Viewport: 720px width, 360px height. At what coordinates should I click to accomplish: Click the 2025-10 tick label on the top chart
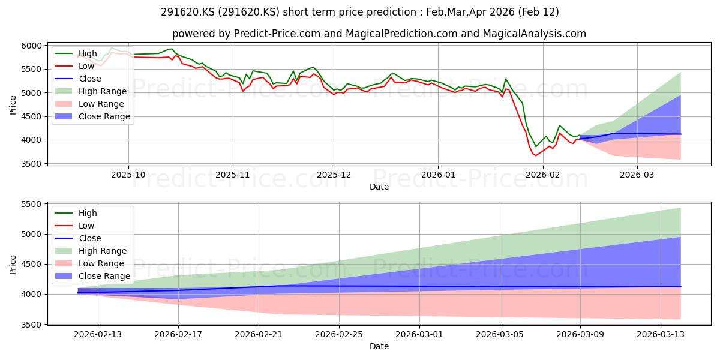(x=128, y=175)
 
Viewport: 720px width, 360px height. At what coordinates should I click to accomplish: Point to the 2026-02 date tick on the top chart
(x=543, y=175)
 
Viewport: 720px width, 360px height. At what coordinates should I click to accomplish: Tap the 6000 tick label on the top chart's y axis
(x=31, y=46)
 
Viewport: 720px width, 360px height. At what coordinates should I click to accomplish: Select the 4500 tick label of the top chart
(x=31, y=116)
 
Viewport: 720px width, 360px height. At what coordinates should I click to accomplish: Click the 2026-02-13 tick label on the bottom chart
(x=98, y=335)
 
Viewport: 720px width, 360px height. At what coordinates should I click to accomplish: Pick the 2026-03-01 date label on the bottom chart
(x=419, y=335)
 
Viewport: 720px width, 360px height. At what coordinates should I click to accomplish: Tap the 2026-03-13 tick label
(x=661, y=335)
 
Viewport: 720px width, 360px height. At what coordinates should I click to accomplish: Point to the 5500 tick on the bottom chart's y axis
(x=31, y=205)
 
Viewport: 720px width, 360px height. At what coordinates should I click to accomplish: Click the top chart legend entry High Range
(x=103, y=91)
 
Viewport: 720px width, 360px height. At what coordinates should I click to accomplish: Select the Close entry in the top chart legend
(x=89, y=79)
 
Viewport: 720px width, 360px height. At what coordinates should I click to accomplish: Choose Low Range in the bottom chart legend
(x=101, y=263)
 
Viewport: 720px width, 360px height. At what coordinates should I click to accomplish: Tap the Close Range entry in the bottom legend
(x=104, y=276)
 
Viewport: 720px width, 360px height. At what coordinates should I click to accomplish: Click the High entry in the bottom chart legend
(x=88, y=213)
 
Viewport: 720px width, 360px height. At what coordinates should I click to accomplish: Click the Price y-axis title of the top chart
(x=13, y=105)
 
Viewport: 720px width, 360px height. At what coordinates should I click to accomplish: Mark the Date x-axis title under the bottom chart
(x=379, y=347)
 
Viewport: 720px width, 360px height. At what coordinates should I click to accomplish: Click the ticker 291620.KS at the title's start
(x=188, y=12)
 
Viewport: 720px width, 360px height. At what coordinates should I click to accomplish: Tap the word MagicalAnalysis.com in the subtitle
(x=534, y=34)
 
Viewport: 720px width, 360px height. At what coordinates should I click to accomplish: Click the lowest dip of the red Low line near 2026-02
(x=535, y=155)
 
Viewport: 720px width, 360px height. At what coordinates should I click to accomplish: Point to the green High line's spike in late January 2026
(x=506, y=79)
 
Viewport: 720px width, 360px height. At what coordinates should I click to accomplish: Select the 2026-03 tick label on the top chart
(x=637, y=175)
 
